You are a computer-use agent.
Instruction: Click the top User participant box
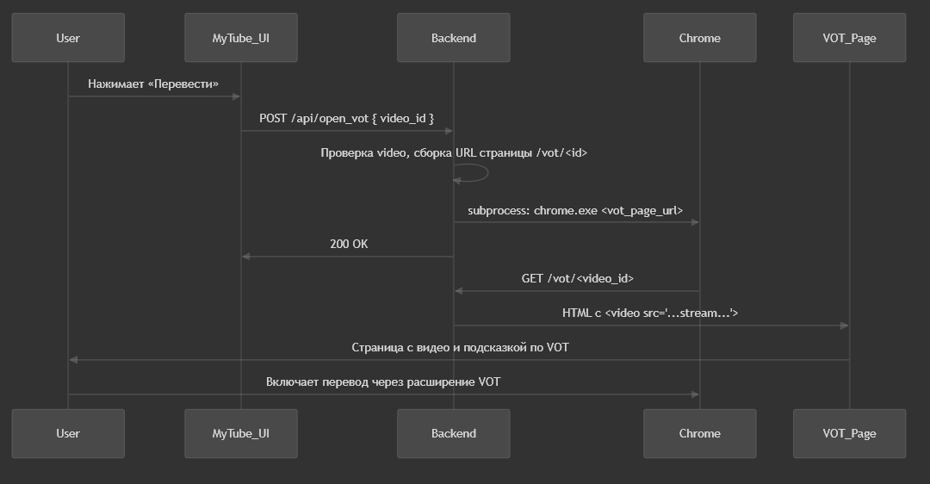tap(68, 37)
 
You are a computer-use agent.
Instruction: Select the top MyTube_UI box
tap(241, 37)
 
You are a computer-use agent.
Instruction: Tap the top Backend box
tap(454, 37)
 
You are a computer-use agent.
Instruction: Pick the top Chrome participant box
tap(700, 37)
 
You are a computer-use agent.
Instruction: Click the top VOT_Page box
tap(849, 37)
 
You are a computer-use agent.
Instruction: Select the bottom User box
tap(68, 433)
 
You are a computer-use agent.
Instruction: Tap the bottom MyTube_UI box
tap(241, 433)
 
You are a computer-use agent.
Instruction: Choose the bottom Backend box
tap(454, 433)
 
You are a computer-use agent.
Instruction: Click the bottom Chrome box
tap(700, 433)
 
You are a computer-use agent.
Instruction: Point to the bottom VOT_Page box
tap(849, 433)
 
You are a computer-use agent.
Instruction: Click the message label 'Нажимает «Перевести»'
tap(153, 84)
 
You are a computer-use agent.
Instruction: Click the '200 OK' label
tap(349, 244)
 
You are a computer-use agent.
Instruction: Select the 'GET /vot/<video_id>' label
tap(577, 278)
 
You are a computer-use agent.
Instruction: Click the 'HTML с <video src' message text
tap(650, 313)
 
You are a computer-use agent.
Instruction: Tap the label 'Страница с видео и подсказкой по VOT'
tap(460, 347)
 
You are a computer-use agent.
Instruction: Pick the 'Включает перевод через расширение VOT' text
tap(383, 382)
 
